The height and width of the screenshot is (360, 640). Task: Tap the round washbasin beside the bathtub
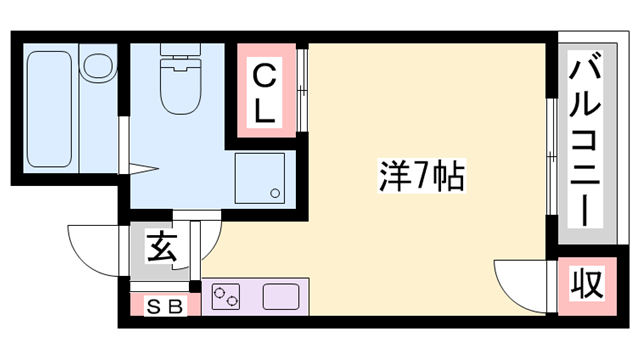coord(98,68)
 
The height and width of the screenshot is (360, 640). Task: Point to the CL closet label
coord(264,93)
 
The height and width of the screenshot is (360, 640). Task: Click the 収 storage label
coord(588,285)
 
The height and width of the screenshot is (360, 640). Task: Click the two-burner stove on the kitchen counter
coord(228,296)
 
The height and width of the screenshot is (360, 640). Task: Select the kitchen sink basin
coord(280,296)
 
